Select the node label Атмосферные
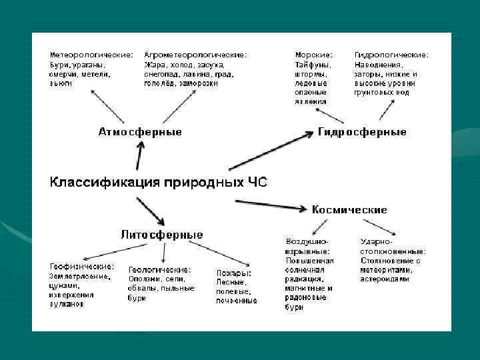pyautogui.click(x=140, y=132)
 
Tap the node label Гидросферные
pyautogui.click(x=362, y=132)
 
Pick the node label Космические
pyautogui.click(x=349, y=209)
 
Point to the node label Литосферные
pyautogui.click(x=162, y=235)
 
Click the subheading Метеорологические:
pyautogui.click(x=91, y=54)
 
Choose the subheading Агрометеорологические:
pyautogui.click(x=195, y=54)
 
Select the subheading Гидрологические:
pyautogui.click(x=391, y=54)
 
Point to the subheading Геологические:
pyautogui.click(x=159, y=269)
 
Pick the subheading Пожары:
pyautogui.click(x=233, y=273)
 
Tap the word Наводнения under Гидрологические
pyautogui.click(x=378, y=64)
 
